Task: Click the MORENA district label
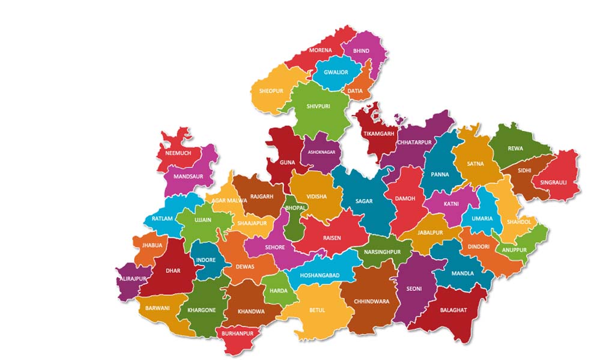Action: tap(320, 50)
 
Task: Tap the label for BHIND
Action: tap(361, 52)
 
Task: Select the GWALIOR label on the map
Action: tap(336, 73)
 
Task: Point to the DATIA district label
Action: tap(355, 91)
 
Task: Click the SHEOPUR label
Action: tap(270, 91)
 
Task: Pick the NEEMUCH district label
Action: tap(178, 154)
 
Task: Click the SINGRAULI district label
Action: tap(553, 182)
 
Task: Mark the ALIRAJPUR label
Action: tap(133, 279)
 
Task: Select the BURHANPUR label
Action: tap(237, 333)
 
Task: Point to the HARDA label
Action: tap(279, 291)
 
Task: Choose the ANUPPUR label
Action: tap(514, 250)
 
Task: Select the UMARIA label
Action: tap(482, 219)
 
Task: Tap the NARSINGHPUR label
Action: tap(381, 252)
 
